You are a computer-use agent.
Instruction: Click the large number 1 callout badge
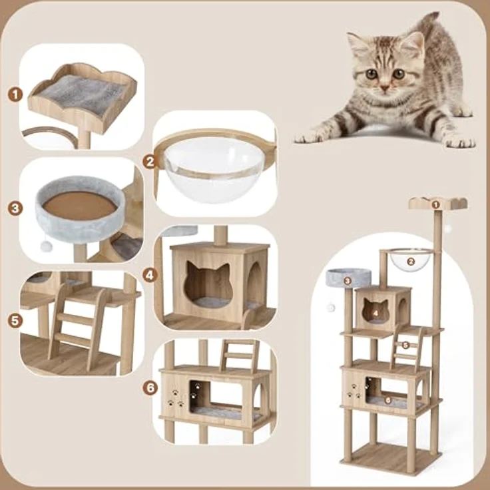click(15, 95)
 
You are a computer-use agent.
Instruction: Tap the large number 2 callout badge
click(150, 162)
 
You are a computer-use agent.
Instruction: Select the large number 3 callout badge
click(15, 208)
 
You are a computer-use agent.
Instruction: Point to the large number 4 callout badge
click(150, 276)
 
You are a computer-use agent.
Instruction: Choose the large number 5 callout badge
click(15, 321)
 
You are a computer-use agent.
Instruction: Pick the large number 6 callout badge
click(150, 388)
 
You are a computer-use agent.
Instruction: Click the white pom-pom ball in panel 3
click(46, 246)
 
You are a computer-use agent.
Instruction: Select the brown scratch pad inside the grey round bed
click(80, 206)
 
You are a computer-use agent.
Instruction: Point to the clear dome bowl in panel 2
click(215, 168)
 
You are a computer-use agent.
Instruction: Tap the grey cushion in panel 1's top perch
click(82, 94)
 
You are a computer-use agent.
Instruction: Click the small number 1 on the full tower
click(435, 205)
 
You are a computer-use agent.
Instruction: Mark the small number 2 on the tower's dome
click(411, 262)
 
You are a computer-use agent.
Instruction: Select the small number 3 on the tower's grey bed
click(347, 281)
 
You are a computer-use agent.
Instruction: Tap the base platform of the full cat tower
click(391, 458)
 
